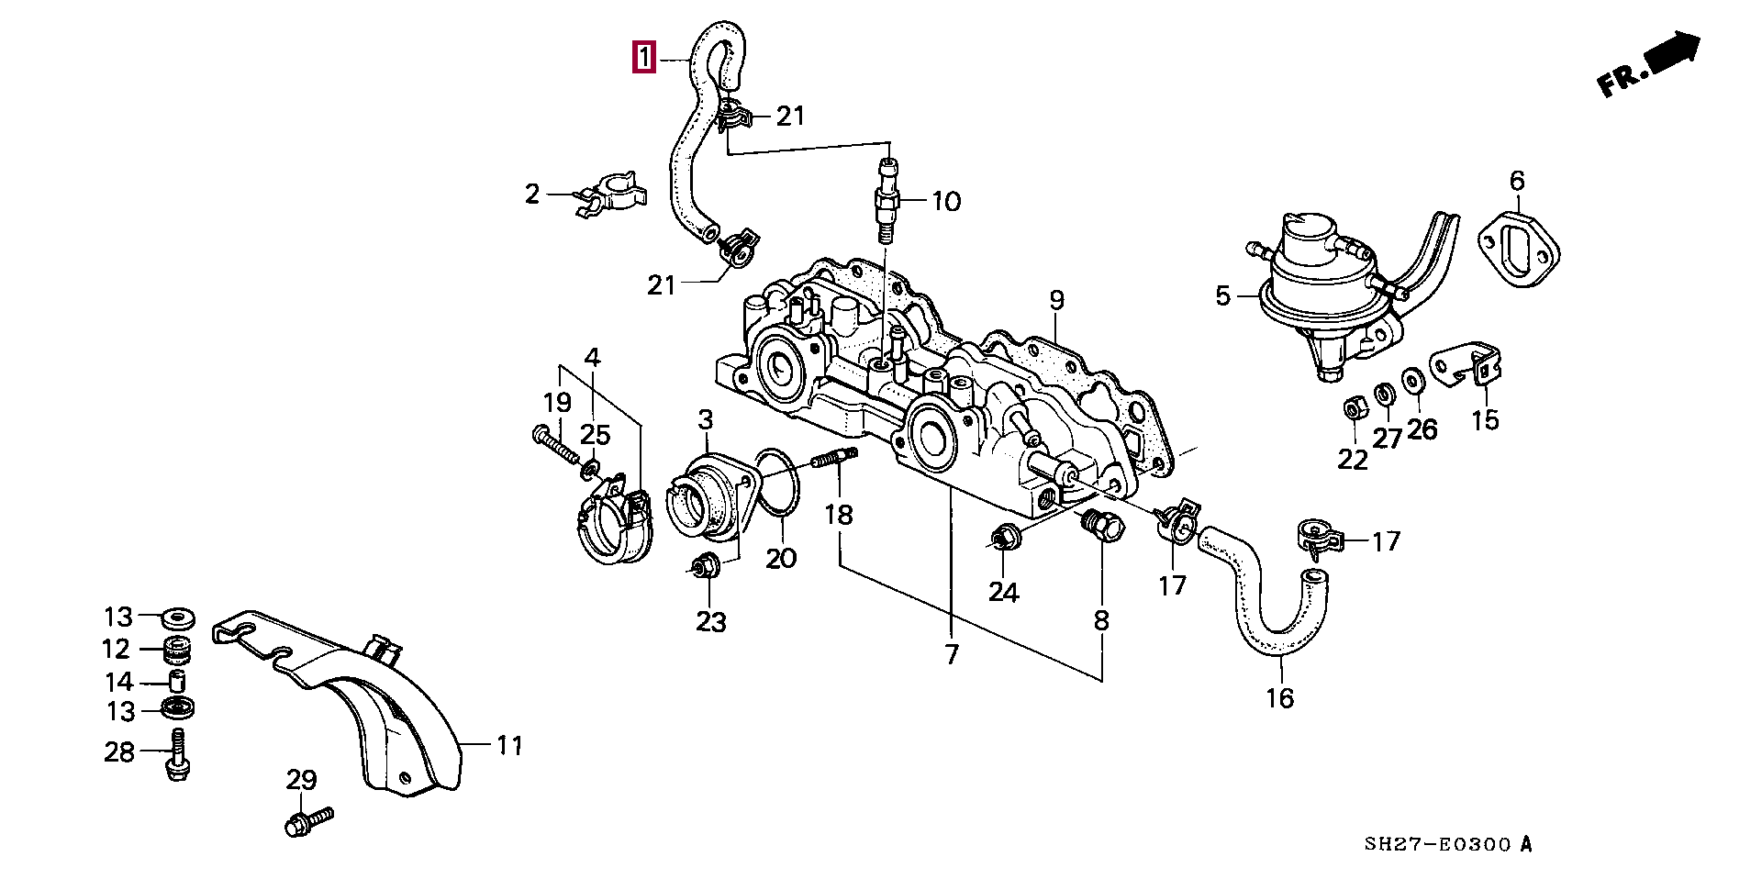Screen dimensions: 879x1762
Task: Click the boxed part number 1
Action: pos(644,58)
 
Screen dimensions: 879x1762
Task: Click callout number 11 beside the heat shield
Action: pos(509,746)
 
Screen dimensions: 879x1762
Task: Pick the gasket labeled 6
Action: pos(1519,246)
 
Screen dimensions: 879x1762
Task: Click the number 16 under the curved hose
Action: pos(1279,698)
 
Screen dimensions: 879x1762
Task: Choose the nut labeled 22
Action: pos(1352,407)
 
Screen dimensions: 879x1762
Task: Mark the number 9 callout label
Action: pos(1056,300)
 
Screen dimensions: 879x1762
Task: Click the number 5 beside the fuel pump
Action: pos(1222,296)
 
